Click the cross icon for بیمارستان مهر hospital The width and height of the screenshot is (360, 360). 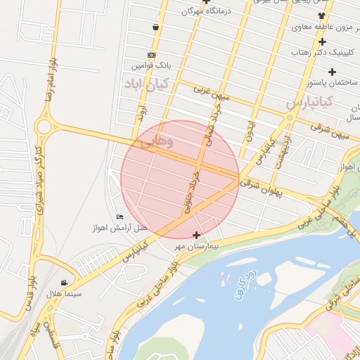tap(195, 235)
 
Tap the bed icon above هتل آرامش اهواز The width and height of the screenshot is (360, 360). tap(119, 217)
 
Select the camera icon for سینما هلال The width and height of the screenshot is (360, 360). tap(65, 283)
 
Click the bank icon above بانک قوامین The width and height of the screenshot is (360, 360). tap(151, 55)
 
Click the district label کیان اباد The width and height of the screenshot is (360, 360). tap(143, 85)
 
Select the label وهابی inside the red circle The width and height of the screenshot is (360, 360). tap(156, 142)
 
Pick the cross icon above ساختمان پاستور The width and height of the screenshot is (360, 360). tap(332, 72)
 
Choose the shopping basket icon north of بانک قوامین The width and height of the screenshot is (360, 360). tap(155, 27)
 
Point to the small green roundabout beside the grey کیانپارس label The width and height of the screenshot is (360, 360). tap(289, 117)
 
